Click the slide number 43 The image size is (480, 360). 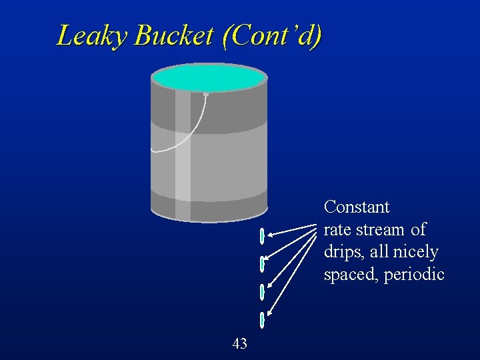coord(240,344)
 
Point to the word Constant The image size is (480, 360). coord(357,207)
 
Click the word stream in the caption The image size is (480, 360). coord(381,230)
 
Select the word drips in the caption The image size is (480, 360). coord(340,252)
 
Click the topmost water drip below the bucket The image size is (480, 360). coord(263,236)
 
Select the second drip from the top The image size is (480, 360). coord(263,263)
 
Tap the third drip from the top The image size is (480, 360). coord(263,291)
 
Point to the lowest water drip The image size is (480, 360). coord(263,320)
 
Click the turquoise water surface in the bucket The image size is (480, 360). coord(209,79)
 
